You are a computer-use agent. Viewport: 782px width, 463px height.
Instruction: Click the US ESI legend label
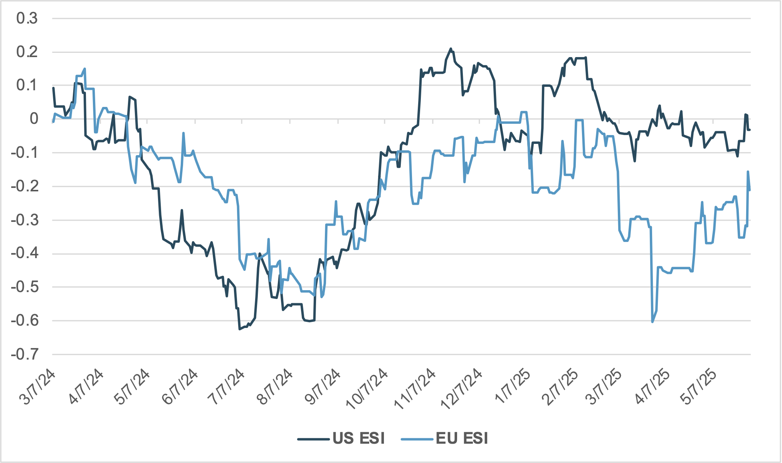358,439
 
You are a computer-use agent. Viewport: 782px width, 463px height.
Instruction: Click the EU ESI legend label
462,439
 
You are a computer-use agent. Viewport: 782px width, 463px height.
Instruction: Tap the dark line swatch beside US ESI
314,439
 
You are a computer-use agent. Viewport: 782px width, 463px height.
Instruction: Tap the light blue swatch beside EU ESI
417,439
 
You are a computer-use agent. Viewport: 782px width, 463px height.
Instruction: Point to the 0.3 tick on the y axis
27,18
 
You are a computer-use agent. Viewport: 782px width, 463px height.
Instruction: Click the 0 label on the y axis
34,119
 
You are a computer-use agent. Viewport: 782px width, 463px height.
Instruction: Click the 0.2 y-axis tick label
27,52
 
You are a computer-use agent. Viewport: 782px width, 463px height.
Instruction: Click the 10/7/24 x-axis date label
367,389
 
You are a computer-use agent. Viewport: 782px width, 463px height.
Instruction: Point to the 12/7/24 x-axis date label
461,389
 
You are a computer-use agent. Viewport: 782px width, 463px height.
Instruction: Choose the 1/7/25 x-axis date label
513,387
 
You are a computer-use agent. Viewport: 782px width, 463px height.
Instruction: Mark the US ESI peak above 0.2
451,49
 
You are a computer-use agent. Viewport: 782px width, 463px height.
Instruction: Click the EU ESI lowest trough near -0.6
652,322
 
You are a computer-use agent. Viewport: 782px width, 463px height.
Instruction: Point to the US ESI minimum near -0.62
239,329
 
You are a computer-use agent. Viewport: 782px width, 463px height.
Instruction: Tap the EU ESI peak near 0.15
84,69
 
